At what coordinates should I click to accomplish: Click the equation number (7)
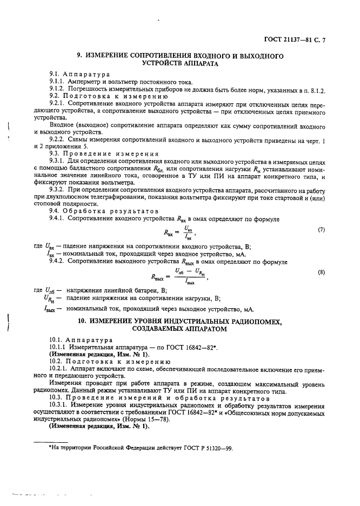pos(321,229)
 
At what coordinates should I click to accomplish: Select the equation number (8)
pos(321,272)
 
